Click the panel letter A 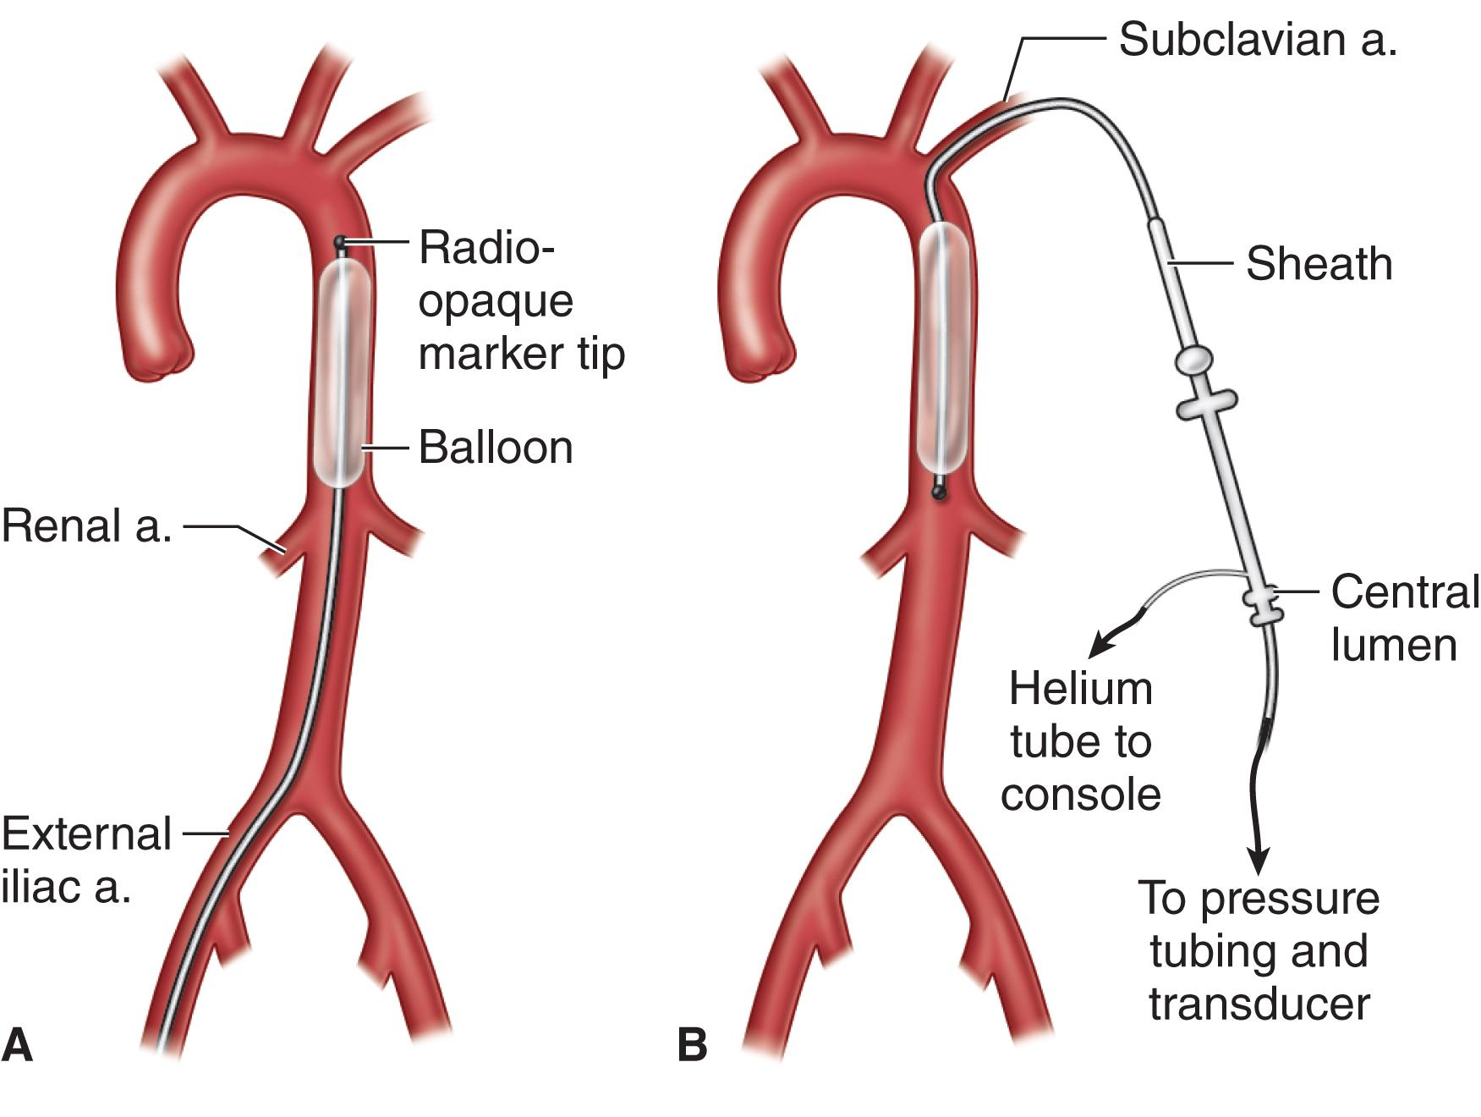pyautogui.click(x=18, y=1044)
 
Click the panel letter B pyautogui.click(x=692, y=1044)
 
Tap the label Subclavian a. pyautogui.click(x=1257, y=40)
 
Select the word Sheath pyautogui.click(x=1319, y=263)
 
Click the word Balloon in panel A pyautogui.click(x=496, y=447)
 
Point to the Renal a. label pyautogui.click(x=87, y=525)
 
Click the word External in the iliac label pyautogui.click(x=87, y=834)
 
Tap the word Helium pyautogui.click(x=1080, y=689)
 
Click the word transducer pyautogui.click(x=1259, y=1004)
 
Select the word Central pyautogui.click(x=1405, y=592)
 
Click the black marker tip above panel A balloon pyautogui.click(x=340, y=243)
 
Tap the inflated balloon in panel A pyautogui.click(x=343, y=372)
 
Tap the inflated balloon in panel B pyautogui.click(x=943, y=347)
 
